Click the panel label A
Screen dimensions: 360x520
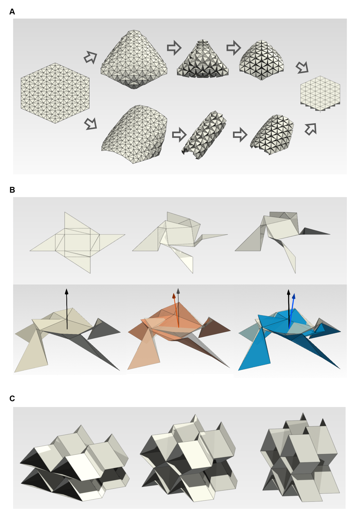click(x=12, y=12)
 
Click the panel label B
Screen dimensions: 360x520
click(x=12, y=190)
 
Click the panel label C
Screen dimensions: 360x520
click(x=12, y=398)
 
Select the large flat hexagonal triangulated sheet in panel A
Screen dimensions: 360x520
click(x=55, y=93)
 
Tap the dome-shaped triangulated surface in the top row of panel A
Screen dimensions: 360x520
click(x=261, y=60)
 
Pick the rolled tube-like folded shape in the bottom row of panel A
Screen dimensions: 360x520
click(x=204, y=135)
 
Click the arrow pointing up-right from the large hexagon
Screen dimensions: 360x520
click(x=91, y=57)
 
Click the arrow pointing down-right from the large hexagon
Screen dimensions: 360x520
click(x=91, y=124)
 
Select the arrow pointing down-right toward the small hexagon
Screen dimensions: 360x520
click(x=302, y=67)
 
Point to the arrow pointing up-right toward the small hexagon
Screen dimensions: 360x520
click(x=311, y=129)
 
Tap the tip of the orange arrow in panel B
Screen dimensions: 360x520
click(x=174, y=293)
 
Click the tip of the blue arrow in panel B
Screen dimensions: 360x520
click(x=294, y=293)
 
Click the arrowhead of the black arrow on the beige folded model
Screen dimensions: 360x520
click(x=67, y=289)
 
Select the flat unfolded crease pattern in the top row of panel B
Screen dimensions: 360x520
click(x=77, y=243)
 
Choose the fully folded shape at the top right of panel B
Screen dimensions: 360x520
click(x=283, y=243)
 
